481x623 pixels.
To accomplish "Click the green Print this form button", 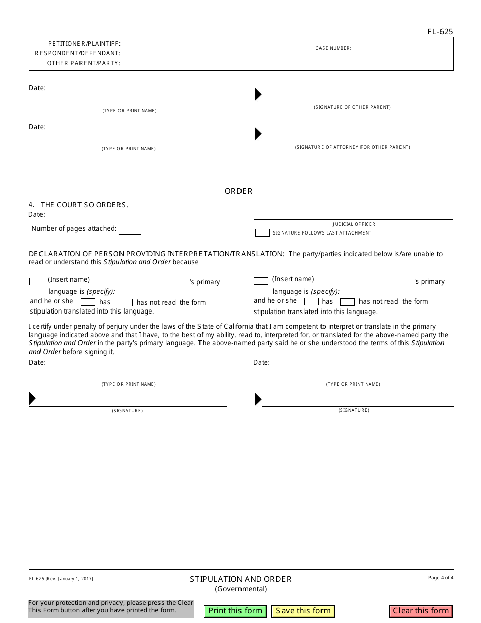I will pos(235,611).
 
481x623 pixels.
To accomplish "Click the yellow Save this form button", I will pos(303,611).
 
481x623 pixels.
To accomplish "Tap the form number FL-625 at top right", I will pos(439,32).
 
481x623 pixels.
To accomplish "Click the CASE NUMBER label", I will pos(333,48).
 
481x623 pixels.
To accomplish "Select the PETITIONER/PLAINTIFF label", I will pos(84,44).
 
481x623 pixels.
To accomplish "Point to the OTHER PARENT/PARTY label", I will pos(84,63).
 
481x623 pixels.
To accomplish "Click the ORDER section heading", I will pos(238,191).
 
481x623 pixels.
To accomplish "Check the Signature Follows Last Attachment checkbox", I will pos(262,233).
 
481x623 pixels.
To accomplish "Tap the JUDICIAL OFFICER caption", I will pos(354,224).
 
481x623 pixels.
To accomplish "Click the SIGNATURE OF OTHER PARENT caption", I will pos(352,107).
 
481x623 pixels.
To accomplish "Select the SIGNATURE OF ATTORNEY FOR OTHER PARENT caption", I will pos(352,147).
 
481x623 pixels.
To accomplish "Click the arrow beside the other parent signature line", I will pos(258,94).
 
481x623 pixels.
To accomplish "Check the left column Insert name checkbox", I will pos(36,281).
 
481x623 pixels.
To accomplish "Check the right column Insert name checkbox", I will pos(261,281).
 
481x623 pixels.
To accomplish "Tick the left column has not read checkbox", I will pos(125,302).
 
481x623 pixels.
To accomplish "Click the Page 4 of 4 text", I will pos(440,578).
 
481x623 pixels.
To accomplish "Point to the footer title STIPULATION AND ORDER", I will pos(240,579).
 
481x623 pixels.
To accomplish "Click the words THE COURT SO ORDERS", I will pos(84,205).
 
